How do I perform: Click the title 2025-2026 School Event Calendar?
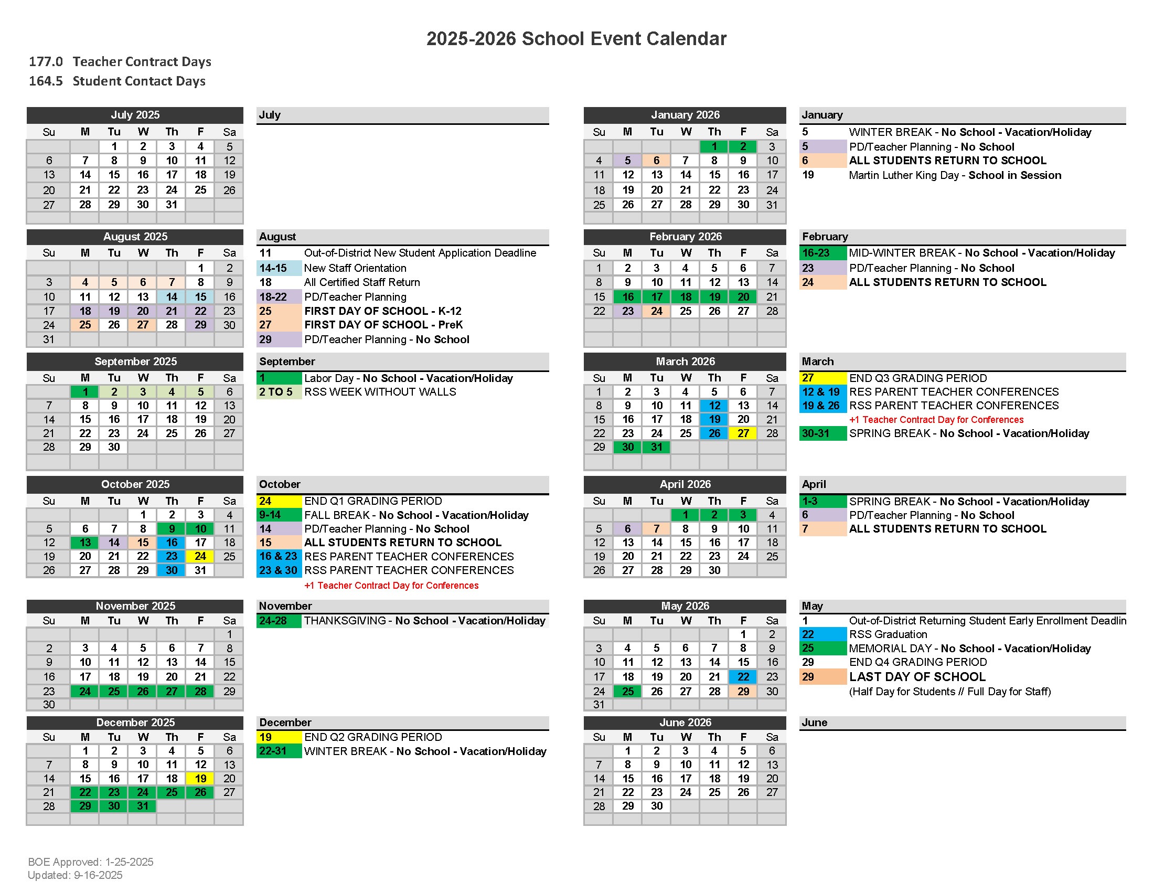pos(576,39)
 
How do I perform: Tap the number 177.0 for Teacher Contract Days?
pos(46,62)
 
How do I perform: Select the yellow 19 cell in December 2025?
pos(200,778)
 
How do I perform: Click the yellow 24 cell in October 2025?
pos(200,556)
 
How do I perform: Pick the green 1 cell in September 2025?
pos(85,391)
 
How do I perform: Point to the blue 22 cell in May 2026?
pos(743,676)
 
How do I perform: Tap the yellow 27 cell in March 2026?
pos(743,433)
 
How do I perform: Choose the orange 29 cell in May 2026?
pos(743,691)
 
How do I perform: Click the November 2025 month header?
pos(135,606)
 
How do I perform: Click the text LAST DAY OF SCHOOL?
pos(917,677)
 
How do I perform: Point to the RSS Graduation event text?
pos(888,634)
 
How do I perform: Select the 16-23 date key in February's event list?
pos(816,253)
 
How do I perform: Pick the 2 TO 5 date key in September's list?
pos(276,392)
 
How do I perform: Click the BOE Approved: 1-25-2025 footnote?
pos(90,862)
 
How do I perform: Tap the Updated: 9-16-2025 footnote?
pos(75,875)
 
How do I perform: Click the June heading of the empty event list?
pos(814,723)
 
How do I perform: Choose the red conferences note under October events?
pos(391,586)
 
